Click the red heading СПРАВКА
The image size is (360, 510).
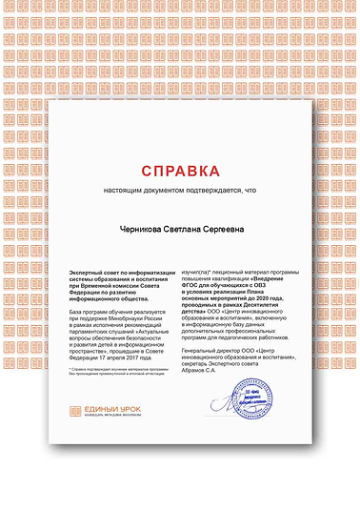[181, 171]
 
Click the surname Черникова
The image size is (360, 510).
[141, 228]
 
